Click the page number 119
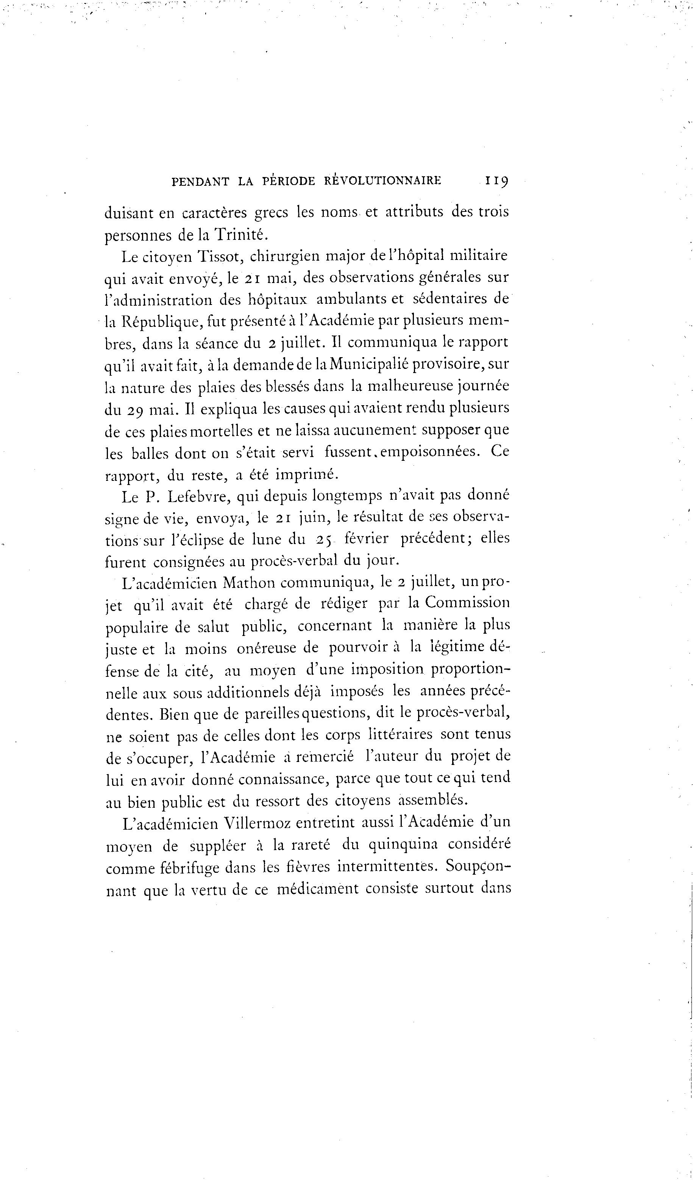point(497,181)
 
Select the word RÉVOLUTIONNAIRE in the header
point(382,181)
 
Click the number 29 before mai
point(136,410)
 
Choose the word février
point(367,539)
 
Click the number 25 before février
point(323,539)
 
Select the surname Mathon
point(249,583)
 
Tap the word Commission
point(467,603)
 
